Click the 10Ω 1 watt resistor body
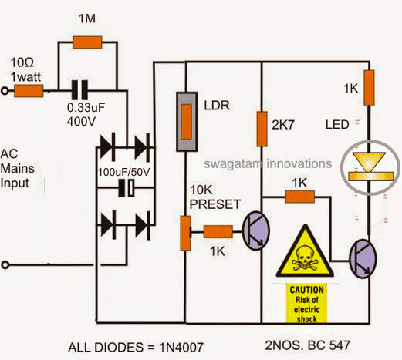29,90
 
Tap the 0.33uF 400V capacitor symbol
78,89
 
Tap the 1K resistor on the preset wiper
218,230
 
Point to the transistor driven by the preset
255,229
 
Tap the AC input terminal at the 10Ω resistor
7,90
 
